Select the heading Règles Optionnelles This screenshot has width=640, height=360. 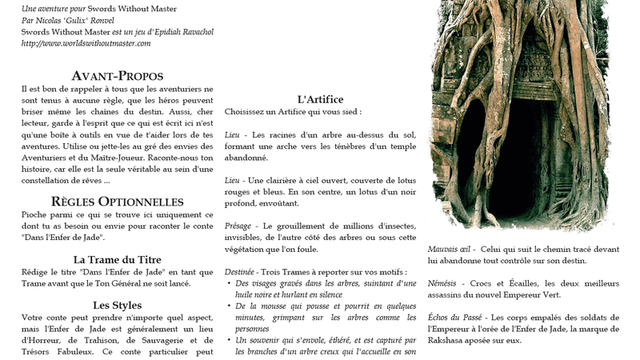point(118,202)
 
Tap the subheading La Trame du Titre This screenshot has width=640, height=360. point(118,259)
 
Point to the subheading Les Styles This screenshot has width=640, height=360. point(118,305)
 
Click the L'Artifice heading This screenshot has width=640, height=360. point(320,99)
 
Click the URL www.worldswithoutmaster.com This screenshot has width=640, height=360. point(86,43)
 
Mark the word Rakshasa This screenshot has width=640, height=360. point(450,340)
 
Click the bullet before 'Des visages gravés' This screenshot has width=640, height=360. point(229,284)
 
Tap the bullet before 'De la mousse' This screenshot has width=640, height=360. point(229,306)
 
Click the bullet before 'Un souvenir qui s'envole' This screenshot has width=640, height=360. point(229,340)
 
